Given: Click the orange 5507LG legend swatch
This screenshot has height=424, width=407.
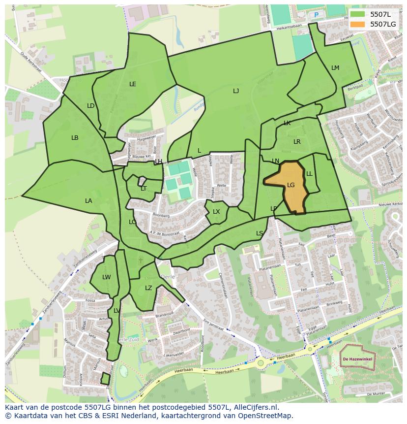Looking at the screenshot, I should point(358,24).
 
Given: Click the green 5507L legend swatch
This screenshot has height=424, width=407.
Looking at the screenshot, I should point(358,14).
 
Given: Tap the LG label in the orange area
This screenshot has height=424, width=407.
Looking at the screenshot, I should point(291,185).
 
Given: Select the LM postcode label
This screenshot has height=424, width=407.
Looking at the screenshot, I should point(335,68).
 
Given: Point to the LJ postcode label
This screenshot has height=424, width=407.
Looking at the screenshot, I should point(236,91).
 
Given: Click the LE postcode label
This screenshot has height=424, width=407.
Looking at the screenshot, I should point(133,84).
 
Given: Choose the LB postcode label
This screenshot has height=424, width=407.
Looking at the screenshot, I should point(75,138).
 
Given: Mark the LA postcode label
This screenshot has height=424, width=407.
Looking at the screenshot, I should point(88,201).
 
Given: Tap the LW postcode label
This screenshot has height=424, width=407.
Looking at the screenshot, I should point(107,277).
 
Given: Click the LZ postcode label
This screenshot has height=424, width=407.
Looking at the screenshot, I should point(148,288).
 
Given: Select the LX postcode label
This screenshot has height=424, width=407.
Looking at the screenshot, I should point(216,212).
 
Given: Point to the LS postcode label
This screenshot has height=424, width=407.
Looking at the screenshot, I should point(260,233).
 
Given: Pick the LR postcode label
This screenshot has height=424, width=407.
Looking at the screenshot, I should point(297,142).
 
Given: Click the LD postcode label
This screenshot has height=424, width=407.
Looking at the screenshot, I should point(91,106).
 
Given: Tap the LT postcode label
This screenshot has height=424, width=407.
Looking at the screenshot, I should point(144,189).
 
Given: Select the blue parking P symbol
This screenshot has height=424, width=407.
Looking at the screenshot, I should point(316,15).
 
